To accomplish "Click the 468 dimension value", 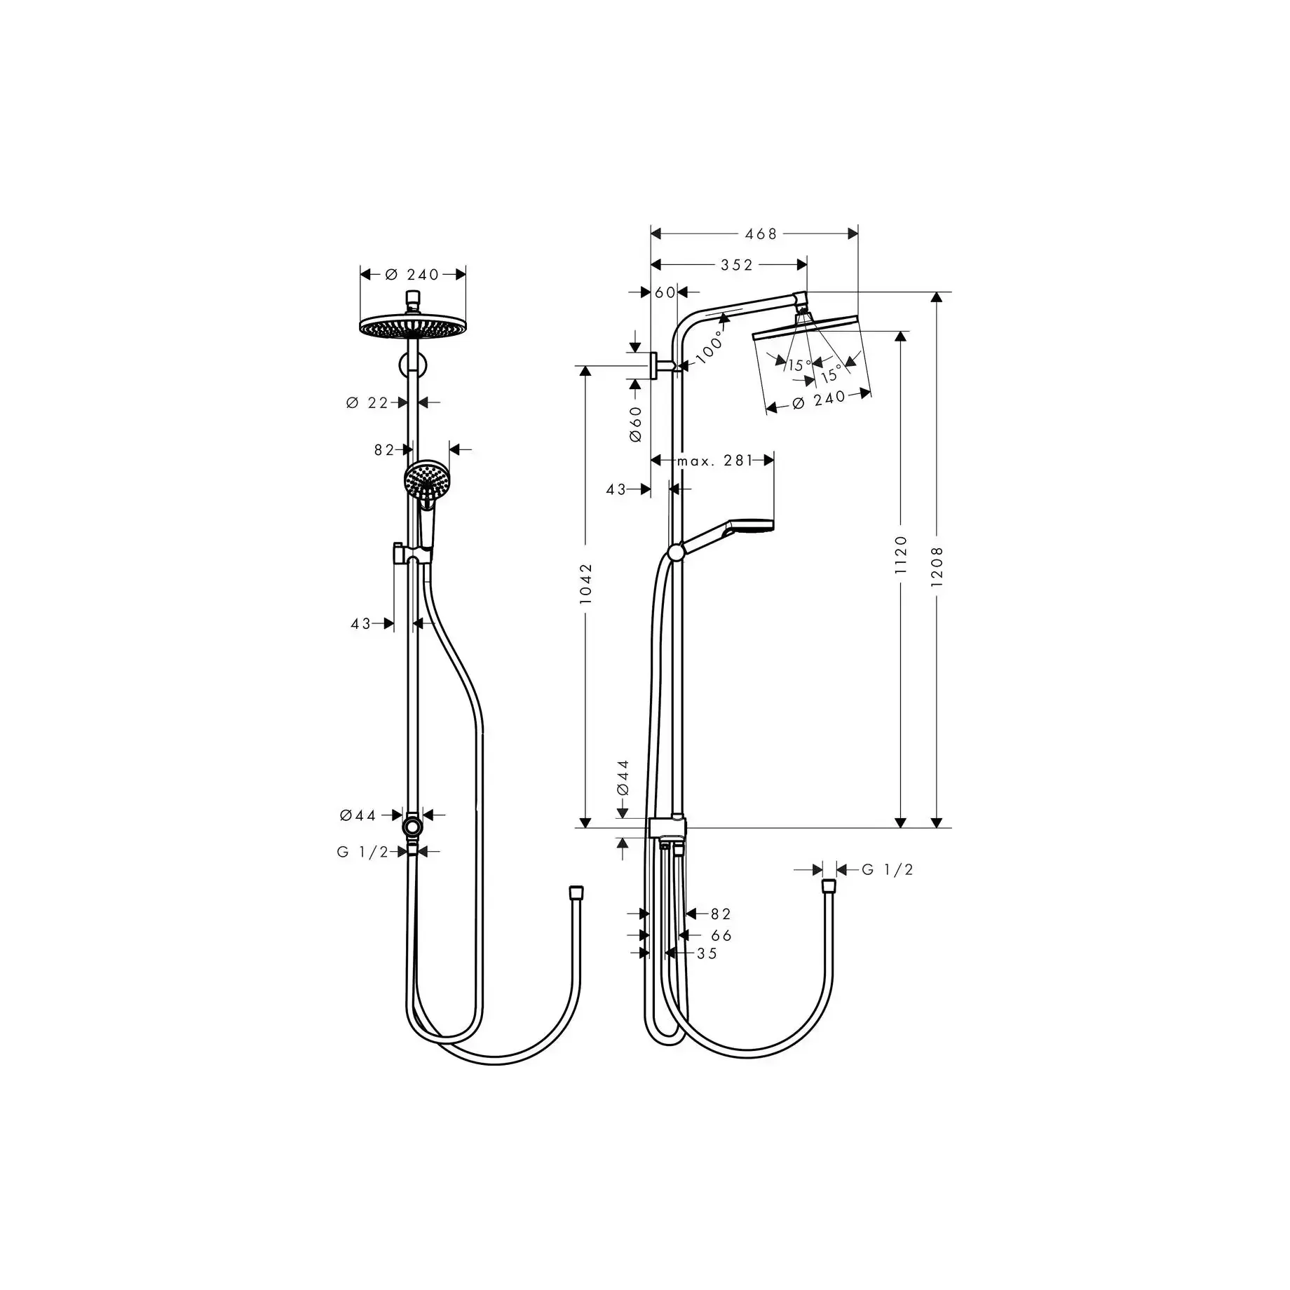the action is point(761,234).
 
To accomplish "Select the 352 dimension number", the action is point(737,265).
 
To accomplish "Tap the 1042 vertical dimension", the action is point(587,583).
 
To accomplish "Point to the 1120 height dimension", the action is point(902,555).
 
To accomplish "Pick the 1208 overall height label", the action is point(937,566).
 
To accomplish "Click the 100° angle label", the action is point(710,346).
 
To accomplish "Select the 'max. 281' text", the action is point(715,461).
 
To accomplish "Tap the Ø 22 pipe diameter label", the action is point(367,402).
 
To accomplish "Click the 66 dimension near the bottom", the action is point(721,935).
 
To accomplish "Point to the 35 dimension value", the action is point(707,953).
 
